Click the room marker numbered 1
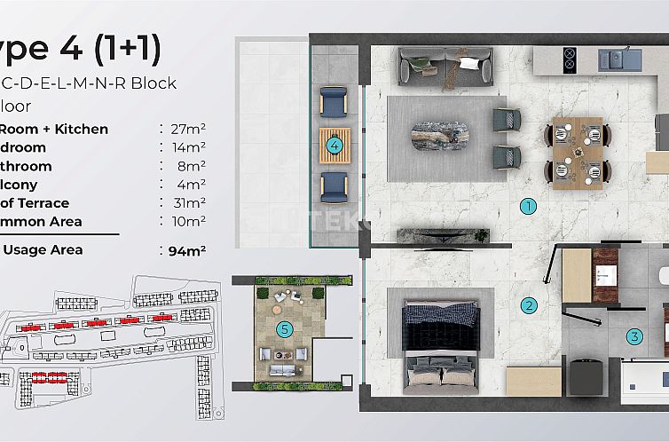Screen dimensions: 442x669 529,207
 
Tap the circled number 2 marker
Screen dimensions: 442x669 529,306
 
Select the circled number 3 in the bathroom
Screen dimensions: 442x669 634,336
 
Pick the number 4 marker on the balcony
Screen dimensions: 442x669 334,146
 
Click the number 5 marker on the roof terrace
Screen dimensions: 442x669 284,329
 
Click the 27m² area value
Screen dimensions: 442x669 186,129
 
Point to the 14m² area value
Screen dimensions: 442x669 186,147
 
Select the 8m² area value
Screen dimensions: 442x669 189,166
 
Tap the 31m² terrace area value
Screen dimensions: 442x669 186,203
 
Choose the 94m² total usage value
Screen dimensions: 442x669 186,250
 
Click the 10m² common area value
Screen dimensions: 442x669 186,222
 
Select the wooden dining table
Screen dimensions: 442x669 577,153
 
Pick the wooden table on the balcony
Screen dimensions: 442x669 334,146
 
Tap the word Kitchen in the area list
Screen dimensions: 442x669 82,129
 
